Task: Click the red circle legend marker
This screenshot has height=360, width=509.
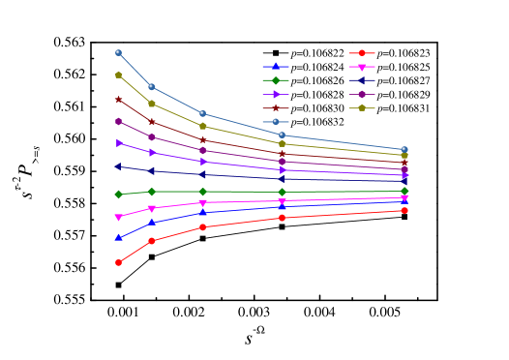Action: click(x=362, y=53)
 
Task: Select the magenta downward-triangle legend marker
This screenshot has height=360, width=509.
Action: click(x=362, y=67)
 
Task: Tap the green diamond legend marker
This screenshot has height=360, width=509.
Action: click(x=276, y=80)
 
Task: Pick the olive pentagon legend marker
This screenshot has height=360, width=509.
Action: click(x=362, y=107)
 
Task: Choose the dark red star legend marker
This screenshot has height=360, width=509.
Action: click(x=276, y=107)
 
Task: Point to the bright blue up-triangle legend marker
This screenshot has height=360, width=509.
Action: click(x=276, y=67)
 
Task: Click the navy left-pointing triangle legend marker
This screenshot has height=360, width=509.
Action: click(x=362, y=80)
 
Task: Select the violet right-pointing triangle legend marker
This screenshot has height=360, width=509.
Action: click(x=276, y=94)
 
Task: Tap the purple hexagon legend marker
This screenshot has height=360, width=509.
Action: click(x=362, y=94)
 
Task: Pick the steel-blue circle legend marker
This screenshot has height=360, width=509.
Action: click(x=276, y=121)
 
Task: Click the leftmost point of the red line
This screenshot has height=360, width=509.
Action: click(x=118, y=262)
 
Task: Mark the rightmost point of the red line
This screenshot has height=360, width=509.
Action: click(x=404, y=210)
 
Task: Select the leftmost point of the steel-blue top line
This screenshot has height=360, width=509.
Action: click(x=118, y=52)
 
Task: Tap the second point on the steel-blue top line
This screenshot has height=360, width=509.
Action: click(x=152, y=86)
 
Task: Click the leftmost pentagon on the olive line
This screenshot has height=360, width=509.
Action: click(x=118, y=75)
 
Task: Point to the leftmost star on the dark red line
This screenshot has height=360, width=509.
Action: click(x=118, y=99)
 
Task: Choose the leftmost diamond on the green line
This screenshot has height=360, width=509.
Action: click(x=118, y=194)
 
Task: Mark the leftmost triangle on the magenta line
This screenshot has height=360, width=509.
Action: click(x=118, y=218)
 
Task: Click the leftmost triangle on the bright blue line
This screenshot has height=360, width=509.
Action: click(x=118, y=237)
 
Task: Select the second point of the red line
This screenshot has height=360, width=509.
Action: click(x=152, y=240)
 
